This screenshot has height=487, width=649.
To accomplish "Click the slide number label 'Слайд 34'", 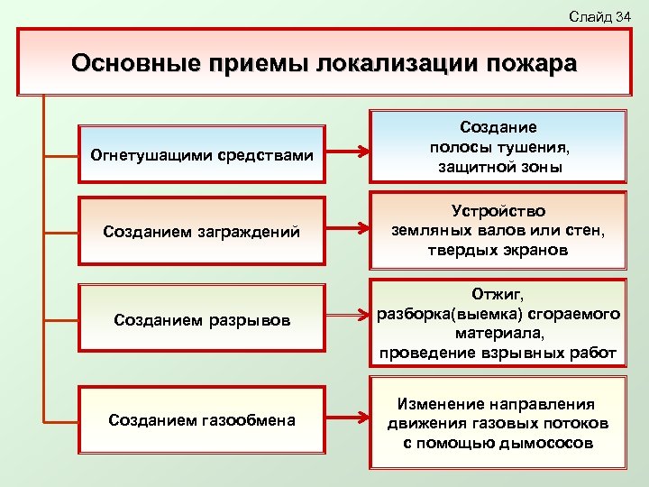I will [599, 16].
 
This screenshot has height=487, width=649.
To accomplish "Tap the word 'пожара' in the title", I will [531, 65].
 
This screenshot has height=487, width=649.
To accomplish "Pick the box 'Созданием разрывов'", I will [202, 320].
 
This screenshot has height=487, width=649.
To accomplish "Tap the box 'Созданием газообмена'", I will [202, 419].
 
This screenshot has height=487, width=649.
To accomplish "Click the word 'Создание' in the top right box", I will [498, 129].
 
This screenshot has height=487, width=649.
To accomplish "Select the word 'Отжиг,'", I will [498, 294].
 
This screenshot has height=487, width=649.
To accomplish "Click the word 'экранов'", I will [535, 251].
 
